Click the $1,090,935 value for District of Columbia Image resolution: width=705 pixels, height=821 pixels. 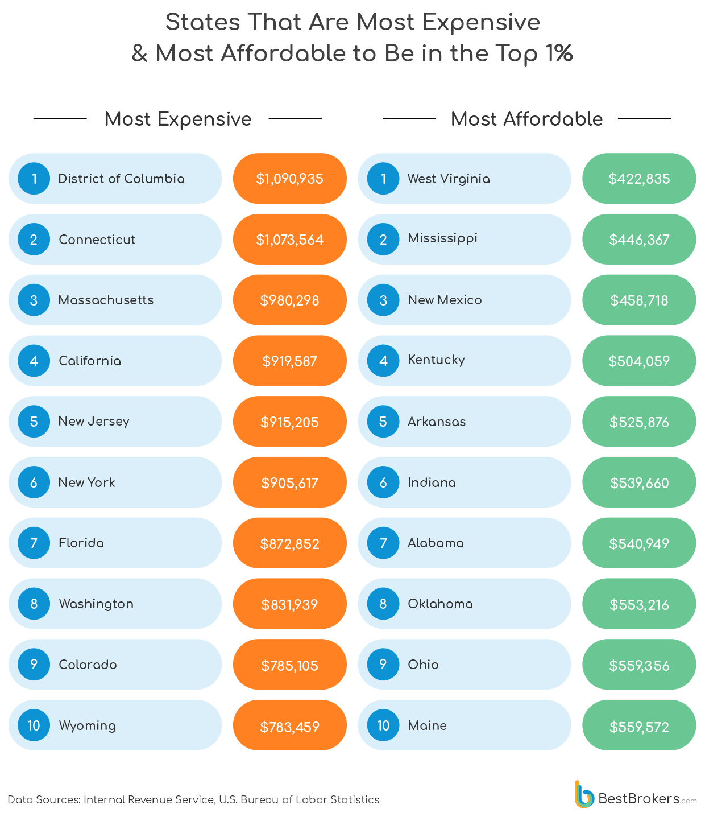[289, 179]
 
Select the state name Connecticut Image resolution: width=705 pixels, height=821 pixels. [97, 240]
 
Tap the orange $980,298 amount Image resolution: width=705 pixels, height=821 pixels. [289, 300]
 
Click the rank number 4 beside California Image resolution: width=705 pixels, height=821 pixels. [34, 361]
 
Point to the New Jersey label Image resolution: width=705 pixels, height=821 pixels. [94, 422]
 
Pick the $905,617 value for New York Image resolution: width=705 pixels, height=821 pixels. [289, 483]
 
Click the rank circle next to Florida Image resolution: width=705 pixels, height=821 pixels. [34, 543]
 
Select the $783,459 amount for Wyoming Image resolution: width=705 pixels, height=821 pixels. [289, 727]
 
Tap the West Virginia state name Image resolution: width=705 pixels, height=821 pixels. [449, 179]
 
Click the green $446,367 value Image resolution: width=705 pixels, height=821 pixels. [639, 240]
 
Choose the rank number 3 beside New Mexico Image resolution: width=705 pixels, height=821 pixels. [383, 300]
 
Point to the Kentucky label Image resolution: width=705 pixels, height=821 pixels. [436, 360]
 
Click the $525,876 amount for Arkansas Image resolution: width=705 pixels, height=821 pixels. [639, 422]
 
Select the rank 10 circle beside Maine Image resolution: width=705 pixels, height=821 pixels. [383, 725]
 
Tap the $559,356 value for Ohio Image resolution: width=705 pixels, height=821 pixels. [639, 666]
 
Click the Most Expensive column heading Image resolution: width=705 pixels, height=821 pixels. [178, 119]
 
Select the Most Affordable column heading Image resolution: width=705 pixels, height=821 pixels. [526, 119]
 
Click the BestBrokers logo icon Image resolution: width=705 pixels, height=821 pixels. [583, 794]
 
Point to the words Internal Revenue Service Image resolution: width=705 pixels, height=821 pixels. [148, 799]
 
